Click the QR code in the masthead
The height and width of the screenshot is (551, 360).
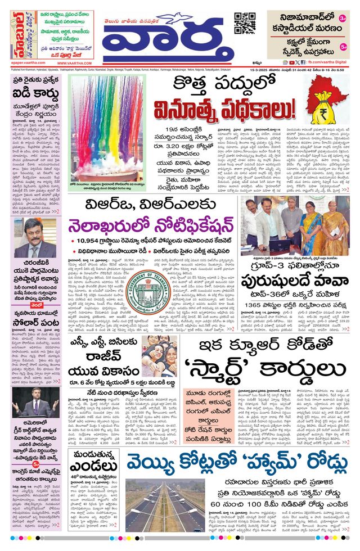tap(245, 22)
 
